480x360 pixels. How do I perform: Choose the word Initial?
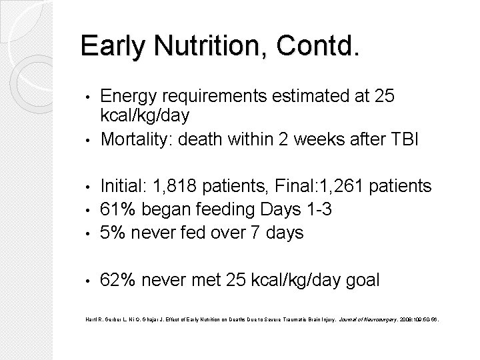(x=124, y=184)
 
